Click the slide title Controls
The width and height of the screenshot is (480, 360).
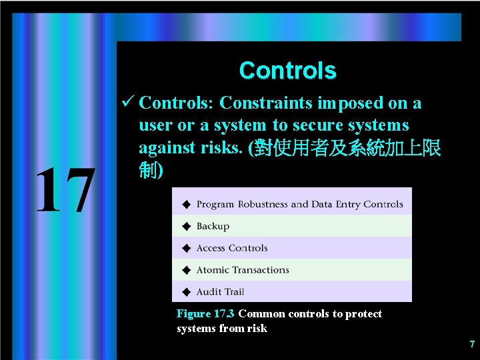(x=287, y=70)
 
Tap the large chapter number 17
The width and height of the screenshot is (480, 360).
(x=64, y=191)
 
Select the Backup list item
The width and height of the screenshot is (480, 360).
(x=213, y=227)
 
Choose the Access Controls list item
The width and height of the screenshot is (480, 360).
(x=231, y=248)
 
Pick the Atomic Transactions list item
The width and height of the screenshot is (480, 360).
(x=243, y=270)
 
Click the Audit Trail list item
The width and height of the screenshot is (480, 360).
(x=220, y=292)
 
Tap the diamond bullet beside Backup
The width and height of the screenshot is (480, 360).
(x=186, y=227)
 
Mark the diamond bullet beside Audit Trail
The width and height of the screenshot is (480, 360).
(x=186, y=292)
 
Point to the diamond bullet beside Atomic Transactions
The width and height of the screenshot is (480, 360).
(x=186, y=270)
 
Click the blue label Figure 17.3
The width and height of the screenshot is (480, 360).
(x=205, y=314)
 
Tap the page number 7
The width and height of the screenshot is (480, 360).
(x=472, y=345)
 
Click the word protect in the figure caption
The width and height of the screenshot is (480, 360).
(x=365, y=314)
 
